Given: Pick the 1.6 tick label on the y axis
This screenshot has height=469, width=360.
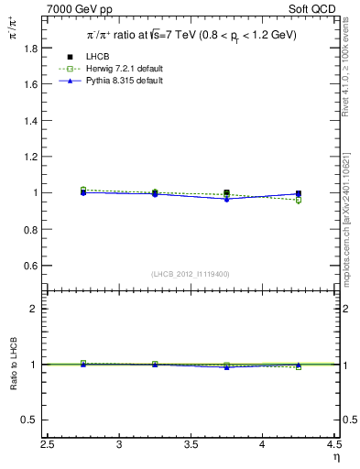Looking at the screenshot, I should pyautogui.click(x=30, y=84).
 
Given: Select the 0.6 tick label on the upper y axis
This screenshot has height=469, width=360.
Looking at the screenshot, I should pyautogui.click(x=30, y=266).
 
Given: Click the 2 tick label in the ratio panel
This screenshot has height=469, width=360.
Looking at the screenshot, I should pyautogui.click(x=36, y=309).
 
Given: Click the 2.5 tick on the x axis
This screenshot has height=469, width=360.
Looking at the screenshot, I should pyautogui.click(x=49, y=445).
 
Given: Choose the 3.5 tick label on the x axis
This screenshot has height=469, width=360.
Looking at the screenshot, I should pyautogui.click(x=191, y=445).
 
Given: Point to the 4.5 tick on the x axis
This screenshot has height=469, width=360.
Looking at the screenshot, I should pyautogui.click(x=333, y=445).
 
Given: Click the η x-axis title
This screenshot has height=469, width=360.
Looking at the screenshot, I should pyautogui.click(x=334, y=458).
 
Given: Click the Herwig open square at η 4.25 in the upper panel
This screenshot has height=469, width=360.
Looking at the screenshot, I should pyautogui.click(x=299, y=200).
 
